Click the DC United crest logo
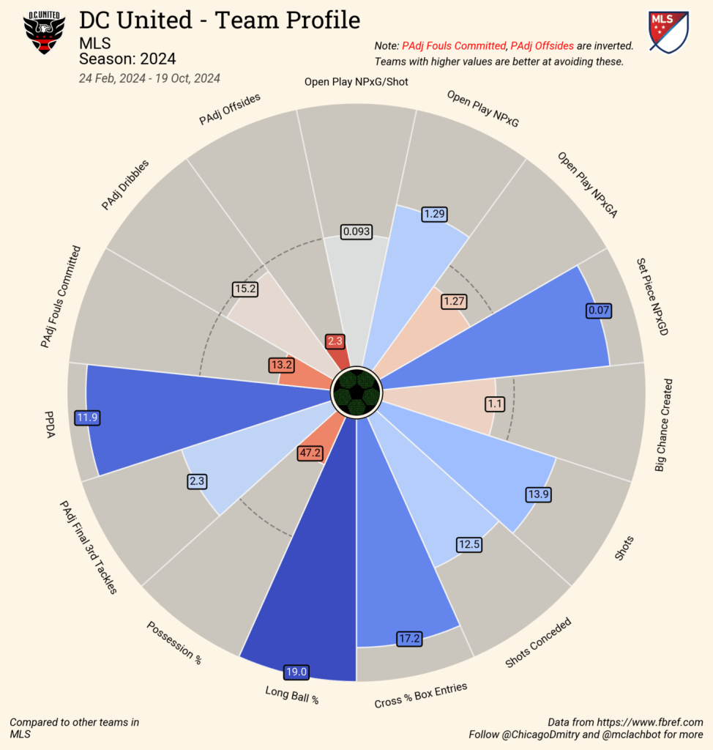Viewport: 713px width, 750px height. tap(45, 32)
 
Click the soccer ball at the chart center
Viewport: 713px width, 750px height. tap(356, 390)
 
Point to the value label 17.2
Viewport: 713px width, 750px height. tap(408, 639)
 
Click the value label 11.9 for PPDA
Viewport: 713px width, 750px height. tap(87, 418)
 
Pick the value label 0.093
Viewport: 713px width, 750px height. tap(356, 232)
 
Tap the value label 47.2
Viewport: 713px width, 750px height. tap(310, 453)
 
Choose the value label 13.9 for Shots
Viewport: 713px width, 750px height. tap(538, 495)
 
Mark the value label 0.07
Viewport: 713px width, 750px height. tap(598, 311)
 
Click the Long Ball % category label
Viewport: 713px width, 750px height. tap(292, 694)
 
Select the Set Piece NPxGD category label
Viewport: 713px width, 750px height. tap(652, 296)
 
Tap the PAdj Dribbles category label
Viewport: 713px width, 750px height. tap(125, 185)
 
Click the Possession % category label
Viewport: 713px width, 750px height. tap(174, 642)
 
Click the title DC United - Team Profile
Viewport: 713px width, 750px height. tap(220, 20)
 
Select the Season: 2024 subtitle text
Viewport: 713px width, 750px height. tap(127, 59)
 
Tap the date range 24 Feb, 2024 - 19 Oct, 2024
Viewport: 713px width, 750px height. tap(149, 78)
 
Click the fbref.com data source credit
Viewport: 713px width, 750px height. tap(625, 722)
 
